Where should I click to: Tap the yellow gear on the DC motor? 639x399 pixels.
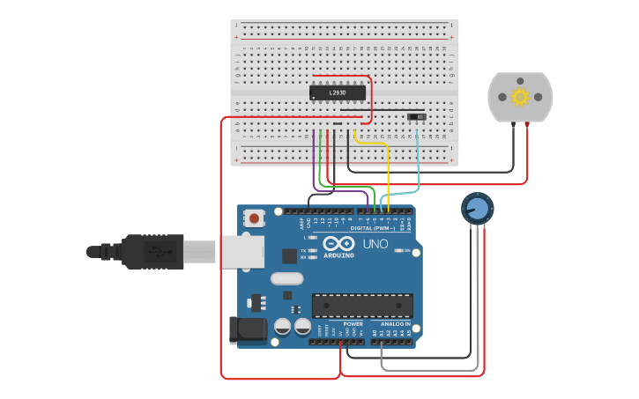click(x=520, y=97)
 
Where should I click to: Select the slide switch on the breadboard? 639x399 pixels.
click(x=415, y=115)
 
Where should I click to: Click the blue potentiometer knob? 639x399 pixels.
click(x=477, y=209)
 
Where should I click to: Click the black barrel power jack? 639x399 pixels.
click(x=246, y=330)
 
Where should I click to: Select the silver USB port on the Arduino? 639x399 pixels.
click(x=241, y=251)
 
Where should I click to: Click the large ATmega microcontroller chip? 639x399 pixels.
click(x=362, y=306)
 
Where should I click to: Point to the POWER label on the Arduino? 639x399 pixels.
click(x=353, y=324)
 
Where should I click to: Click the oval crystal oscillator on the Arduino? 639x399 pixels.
click(x=286, y=279)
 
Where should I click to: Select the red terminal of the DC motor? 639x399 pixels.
click(x=527, y=125)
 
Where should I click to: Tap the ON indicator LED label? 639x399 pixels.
click(x=407, y=250)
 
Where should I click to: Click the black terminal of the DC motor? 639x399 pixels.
click(x=513, y=125)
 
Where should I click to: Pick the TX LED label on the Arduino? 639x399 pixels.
click(x=304, y=250)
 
